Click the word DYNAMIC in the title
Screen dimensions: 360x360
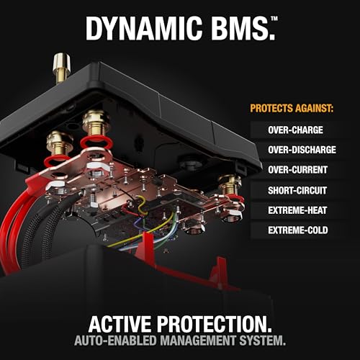pyautogui.click(x=144, y=29)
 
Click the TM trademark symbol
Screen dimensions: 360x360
pyautogui.click(x=274, y=19)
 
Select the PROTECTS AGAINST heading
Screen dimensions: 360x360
pyautogui.click(x=292, y=108)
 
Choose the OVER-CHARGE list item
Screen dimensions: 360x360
pyautogui.click(x=295, y=130)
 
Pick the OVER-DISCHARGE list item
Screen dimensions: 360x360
pyautogui.click(x=302, y=150)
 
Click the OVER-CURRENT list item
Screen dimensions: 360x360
pyautogui.click(x=297, y=170)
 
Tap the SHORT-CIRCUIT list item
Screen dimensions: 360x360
pyautogui.click(x=297, y=190)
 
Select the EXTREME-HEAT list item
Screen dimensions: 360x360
pyautogui.click(x=297, y=210)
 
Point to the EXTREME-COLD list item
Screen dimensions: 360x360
pyautogui.click(x=298, y=230)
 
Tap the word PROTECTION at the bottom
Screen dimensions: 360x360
pyautogui.click(x=215, y=324)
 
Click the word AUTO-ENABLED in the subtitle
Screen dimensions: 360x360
pyautogui.click(x=115, y=341)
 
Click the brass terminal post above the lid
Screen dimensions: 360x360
pyautogui.click(x=62, y=68)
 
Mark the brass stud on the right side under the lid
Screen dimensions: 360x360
pyautogui.click(x=230, y=184)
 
